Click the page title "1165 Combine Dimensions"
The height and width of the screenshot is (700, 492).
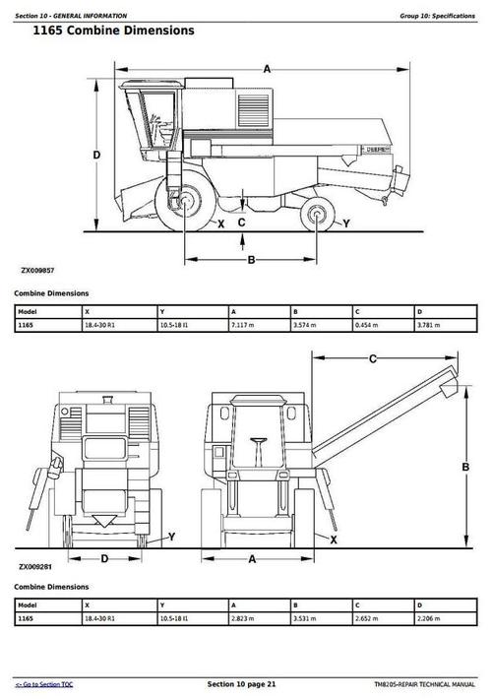click(113, 31)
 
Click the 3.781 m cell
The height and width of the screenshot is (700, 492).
click(429, 325)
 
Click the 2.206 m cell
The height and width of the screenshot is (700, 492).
click(429, 618)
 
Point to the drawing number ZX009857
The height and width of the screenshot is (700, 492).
click(36, 269)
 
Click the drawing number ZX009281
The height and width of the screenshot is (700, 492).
click(36, 566)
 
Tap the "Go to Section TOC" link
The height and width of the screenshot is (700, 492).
click(43, 683)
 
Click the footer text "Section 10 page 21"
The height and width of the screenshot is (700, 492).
click(242, 683)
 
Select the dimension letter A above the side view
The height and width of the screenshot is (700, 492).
click(268, 68)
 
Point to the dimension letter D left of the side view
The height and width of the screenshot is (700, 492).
click(96, 156)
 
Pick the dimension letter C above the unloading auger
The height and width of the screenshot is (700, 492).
click(373, 359)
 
